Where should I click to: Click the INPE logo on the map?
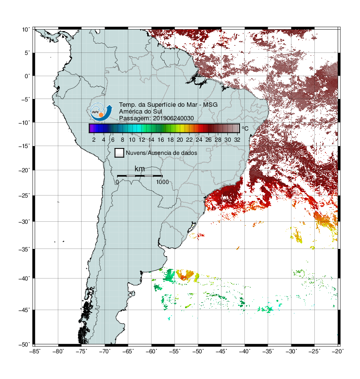click(101, 112)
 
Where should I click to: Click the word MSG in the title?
click(210, 105)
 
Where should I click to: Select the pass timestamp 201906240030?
click(173, 118)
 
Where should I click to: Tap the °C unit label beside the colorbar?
click(245, 128)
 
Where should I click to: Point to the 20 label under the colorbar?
click(180, 140)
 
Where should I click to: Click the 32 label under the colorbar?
click(237, 140)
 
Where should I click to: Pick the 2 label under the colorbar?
click(94, 140)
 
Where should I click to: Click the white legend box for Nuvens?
click(120, 153)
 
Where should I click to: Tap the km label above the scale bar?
click(139, 169)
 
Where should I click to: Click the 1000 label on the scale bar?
click(162, 182)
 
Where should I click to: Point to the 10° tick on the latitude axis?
click(26, 30)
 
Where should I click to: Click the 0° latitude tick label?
click(27, 76)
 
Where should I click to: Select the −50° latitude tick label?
click(24, 345)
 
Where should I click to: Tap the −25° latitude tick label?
click(24, 195)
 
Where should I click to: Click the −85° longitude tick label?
click(35, 351)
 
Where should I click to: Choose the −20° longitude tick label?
click(338, 351)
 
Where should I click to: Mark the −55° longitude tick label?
click(175, 351)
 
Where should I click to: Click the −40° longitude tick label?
click(244, 351)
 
